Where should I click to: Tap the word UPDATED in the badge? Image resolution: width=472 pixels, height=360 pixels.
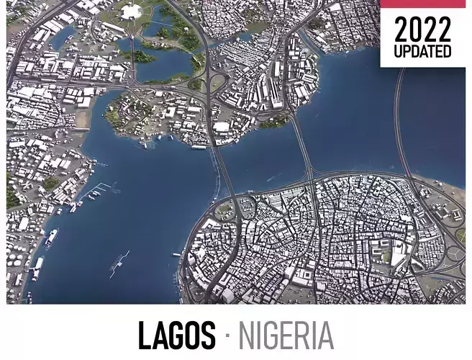[x=422, y=52]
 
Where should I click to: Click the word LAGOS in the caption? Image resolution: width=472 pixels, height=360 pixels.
[x=176, y=336]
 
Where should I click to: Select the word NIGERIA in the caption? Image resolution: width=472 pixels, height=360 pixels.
[x=286, y=336]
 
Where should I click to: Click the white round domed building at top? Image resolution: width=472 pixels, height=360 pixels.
[x=131, y=11]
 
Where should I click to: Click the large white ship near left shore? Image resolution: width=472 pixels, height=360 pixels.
[x=51, y=237]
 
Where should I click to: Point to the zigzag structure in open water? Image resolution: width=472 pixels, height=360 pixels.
[x=119, y=264]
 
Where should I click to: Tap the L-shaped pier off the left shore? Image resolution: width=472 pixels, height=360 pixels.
[x=97, y=191]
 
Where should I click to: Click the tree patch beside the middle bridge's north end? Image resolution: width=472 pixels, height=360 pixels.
[x=274, y=122]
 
